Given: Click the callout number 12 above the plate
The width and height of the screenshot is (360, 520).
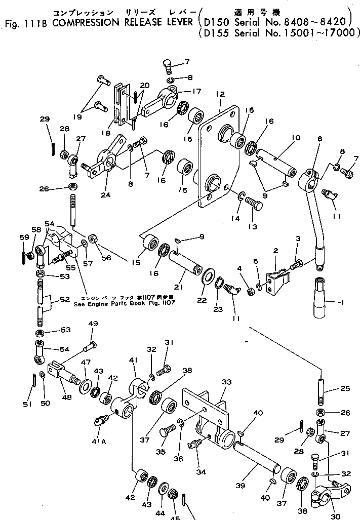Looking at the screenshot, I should click(219, 95).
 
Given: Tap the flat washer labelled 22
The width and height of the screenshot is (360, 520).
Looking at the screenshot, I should click(208, 277).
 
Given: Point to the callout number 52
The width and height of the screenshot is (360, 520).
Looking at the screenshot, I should click(65, 299).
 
